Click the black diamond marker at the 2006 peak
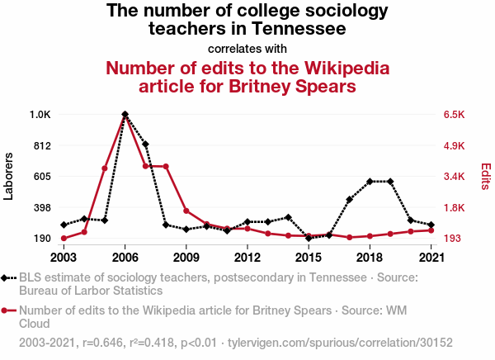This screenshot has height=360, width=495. (x=125, y=114)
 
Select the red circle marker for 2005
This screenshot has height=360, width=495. (x=105, y=168)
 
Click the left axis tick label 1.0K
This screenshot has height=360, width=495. (x=40, y=114)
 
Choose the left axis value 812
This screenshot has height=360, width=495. (x=42, y=145)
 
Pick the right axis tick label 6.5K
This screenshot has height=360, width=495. (x=455, y=114)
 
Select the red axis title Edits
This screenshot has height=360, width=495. (x=486, y=177)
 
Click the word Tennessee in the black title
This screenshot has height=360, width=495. (x=288, y=29)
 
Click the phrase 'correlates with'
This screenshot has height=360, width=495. (x=247, y=48)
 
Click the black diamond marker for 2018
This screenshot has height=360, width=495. (x=370, y=181)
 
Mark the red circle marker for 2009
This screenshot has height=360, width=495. (x=186, y=211)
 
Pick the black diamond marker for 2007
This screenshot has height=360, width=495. (x=145, y=144)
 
